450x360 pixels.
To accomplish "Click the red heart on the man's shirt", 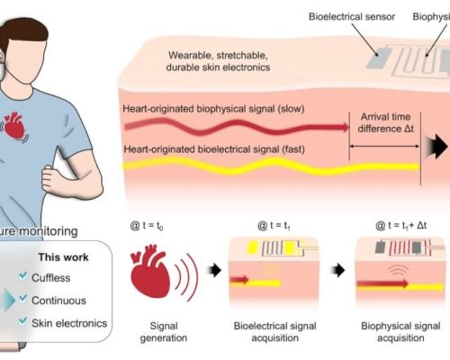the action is click(14, 125).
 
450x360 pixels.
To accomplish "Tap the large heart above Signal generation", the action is click(149, 271).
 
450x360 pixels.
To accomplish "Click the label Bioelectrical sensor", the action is click(352, 16).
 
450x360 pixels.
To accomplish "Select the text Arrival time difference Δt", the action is click(385, 122).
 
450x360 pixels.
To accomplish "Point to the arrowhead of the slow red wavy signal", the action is click(345, 127).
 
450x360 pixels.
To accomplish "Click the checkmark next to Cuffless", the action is click(22, 276).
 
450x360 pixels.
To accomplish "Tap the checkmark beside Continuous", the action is click(22, 299).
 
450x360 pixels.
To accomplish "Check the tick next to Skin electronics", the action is click(22, 321).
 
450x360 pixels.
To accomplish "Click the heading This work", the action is click(63, 257).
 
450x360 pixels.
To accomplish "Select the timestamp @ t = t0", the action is click(147, 226).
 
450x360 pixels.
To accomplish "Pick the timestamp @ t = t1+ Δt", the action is click(400, 225).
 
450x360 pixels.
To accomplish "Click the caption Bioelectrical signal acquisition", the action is click(274, 332).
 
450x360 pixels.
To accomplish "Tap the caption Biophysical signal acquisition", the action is click(400, 332).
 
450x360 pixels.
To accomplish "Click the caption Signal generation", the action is click(164, 332).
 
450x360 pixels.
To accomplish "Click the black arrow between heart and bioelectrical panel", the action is click(215, 270).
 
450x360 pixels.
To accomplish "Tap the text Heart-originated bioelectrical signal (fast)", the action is click(214, 149).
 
